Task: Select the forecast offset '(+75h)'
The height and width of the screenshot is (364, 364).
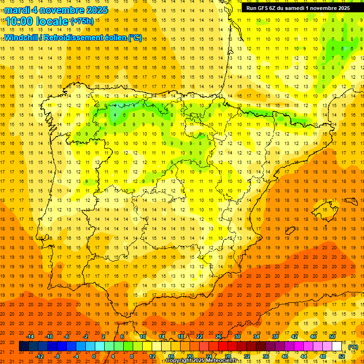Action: point(82,21)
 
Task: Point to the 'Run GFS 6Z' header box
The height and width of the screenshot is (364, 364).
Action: point(298,8)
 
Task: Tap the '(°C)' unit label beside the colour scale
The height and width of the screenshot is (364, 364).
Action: point(353,347)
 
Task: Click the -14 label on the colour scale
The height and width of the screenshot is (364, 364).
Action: point(30,337)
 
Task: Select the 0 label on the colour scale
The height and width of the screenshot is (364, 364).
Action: point(94,356)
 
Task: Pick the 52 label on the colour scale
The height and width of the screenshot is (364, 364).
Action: point(342,356)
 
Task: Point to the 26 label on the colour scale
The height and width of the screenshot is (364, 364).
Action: point(218,337)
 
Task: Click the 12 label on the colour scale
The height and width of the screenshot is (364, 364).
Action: point(152,356)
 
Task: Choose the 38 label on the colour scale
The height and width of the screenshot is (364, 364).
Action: point(275,337)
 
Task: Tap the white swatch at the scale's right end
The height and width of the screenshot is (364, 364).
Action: point(337,346)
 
